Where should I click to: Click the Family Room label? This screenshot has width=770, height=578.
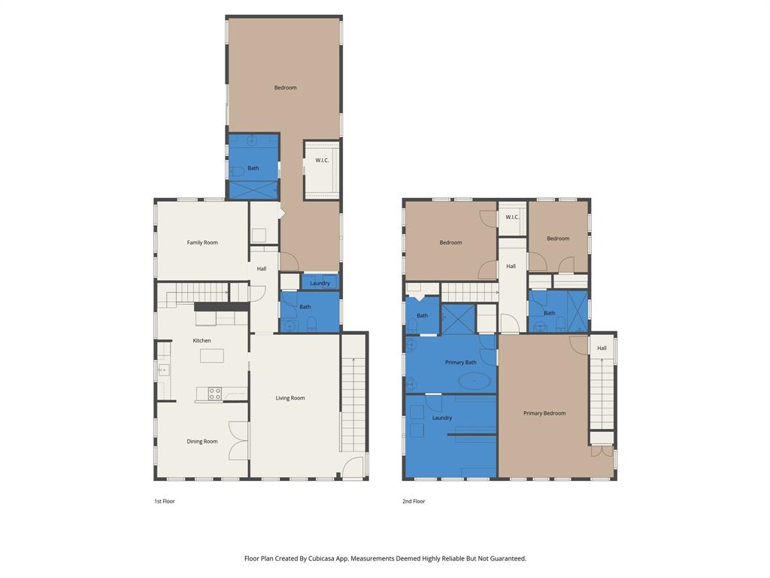202,242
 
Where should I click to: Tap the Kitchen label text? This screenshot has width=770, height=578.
202,341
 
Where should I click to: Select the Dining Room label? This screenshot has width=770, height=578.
202,442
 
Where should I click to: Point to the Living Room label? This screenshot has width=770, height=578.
290,398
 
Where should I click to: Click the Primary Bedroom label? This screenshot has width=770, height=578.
544,413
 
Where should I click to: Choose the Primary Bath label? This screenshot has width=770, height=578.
460,363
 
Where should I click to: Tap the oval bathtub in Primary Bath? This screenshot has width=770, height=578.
474,381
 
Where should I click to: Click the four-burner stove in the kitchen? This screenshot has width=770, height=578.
214,394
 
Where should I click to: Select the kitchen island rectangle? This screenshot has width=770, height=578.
211,356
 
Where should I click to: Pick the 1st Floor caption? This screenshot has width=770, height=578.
164,501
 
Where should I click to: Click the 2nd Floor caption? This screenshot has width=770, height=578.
414,501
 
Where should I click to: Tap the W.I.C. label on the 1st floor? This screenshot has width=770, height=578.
322,160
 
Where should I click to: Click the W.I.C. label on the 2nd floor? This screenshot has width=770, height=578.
512,218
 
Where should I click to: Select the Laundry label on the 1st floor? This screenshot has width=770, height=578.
320,283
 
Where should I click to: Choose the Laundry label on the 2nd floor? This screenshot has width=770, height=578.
442,418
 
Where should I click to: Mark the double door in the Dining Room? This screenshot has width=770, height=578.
238,440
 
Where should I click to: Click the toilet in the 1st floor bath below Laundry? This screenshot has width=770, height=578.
311,324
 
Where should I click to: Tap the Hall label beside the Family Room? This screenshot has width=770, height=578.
262,269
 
